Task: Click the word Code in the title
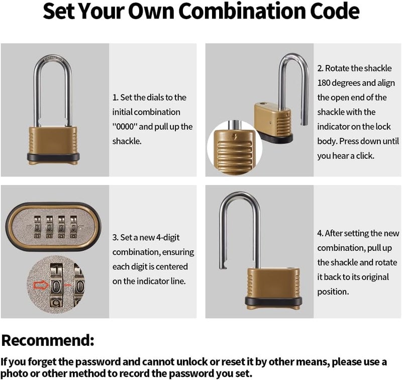click(335, 12)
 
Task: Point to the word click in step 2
click(363, 156)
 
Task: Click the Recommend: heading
click(48, 340)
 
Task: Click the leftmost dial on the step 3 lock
click(39, 228)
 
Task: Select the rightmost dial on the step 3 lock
click(76, 228)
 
